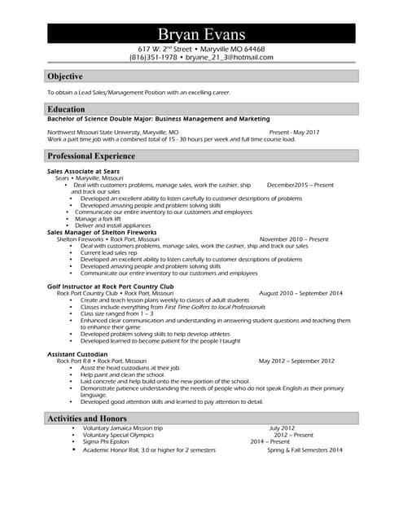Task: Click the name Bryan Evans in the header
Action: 201,33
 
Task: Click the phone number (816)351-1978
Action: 154,58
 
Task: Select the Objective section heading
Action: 65,77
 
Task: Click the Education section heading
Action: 66,109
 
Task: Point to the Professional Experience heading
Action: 91,155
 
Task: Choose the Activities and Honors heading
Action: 88,418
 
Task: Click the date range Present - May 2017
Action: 294,132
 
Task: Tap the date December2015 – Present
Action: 300,185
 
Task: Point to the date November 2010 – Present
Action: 294,239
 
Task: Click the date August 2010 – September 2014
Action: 300,293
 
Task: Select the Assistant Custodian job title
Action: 78,354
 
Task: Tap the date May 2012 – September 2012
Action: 296,361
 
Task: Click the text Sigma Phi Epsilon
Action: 110,441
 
